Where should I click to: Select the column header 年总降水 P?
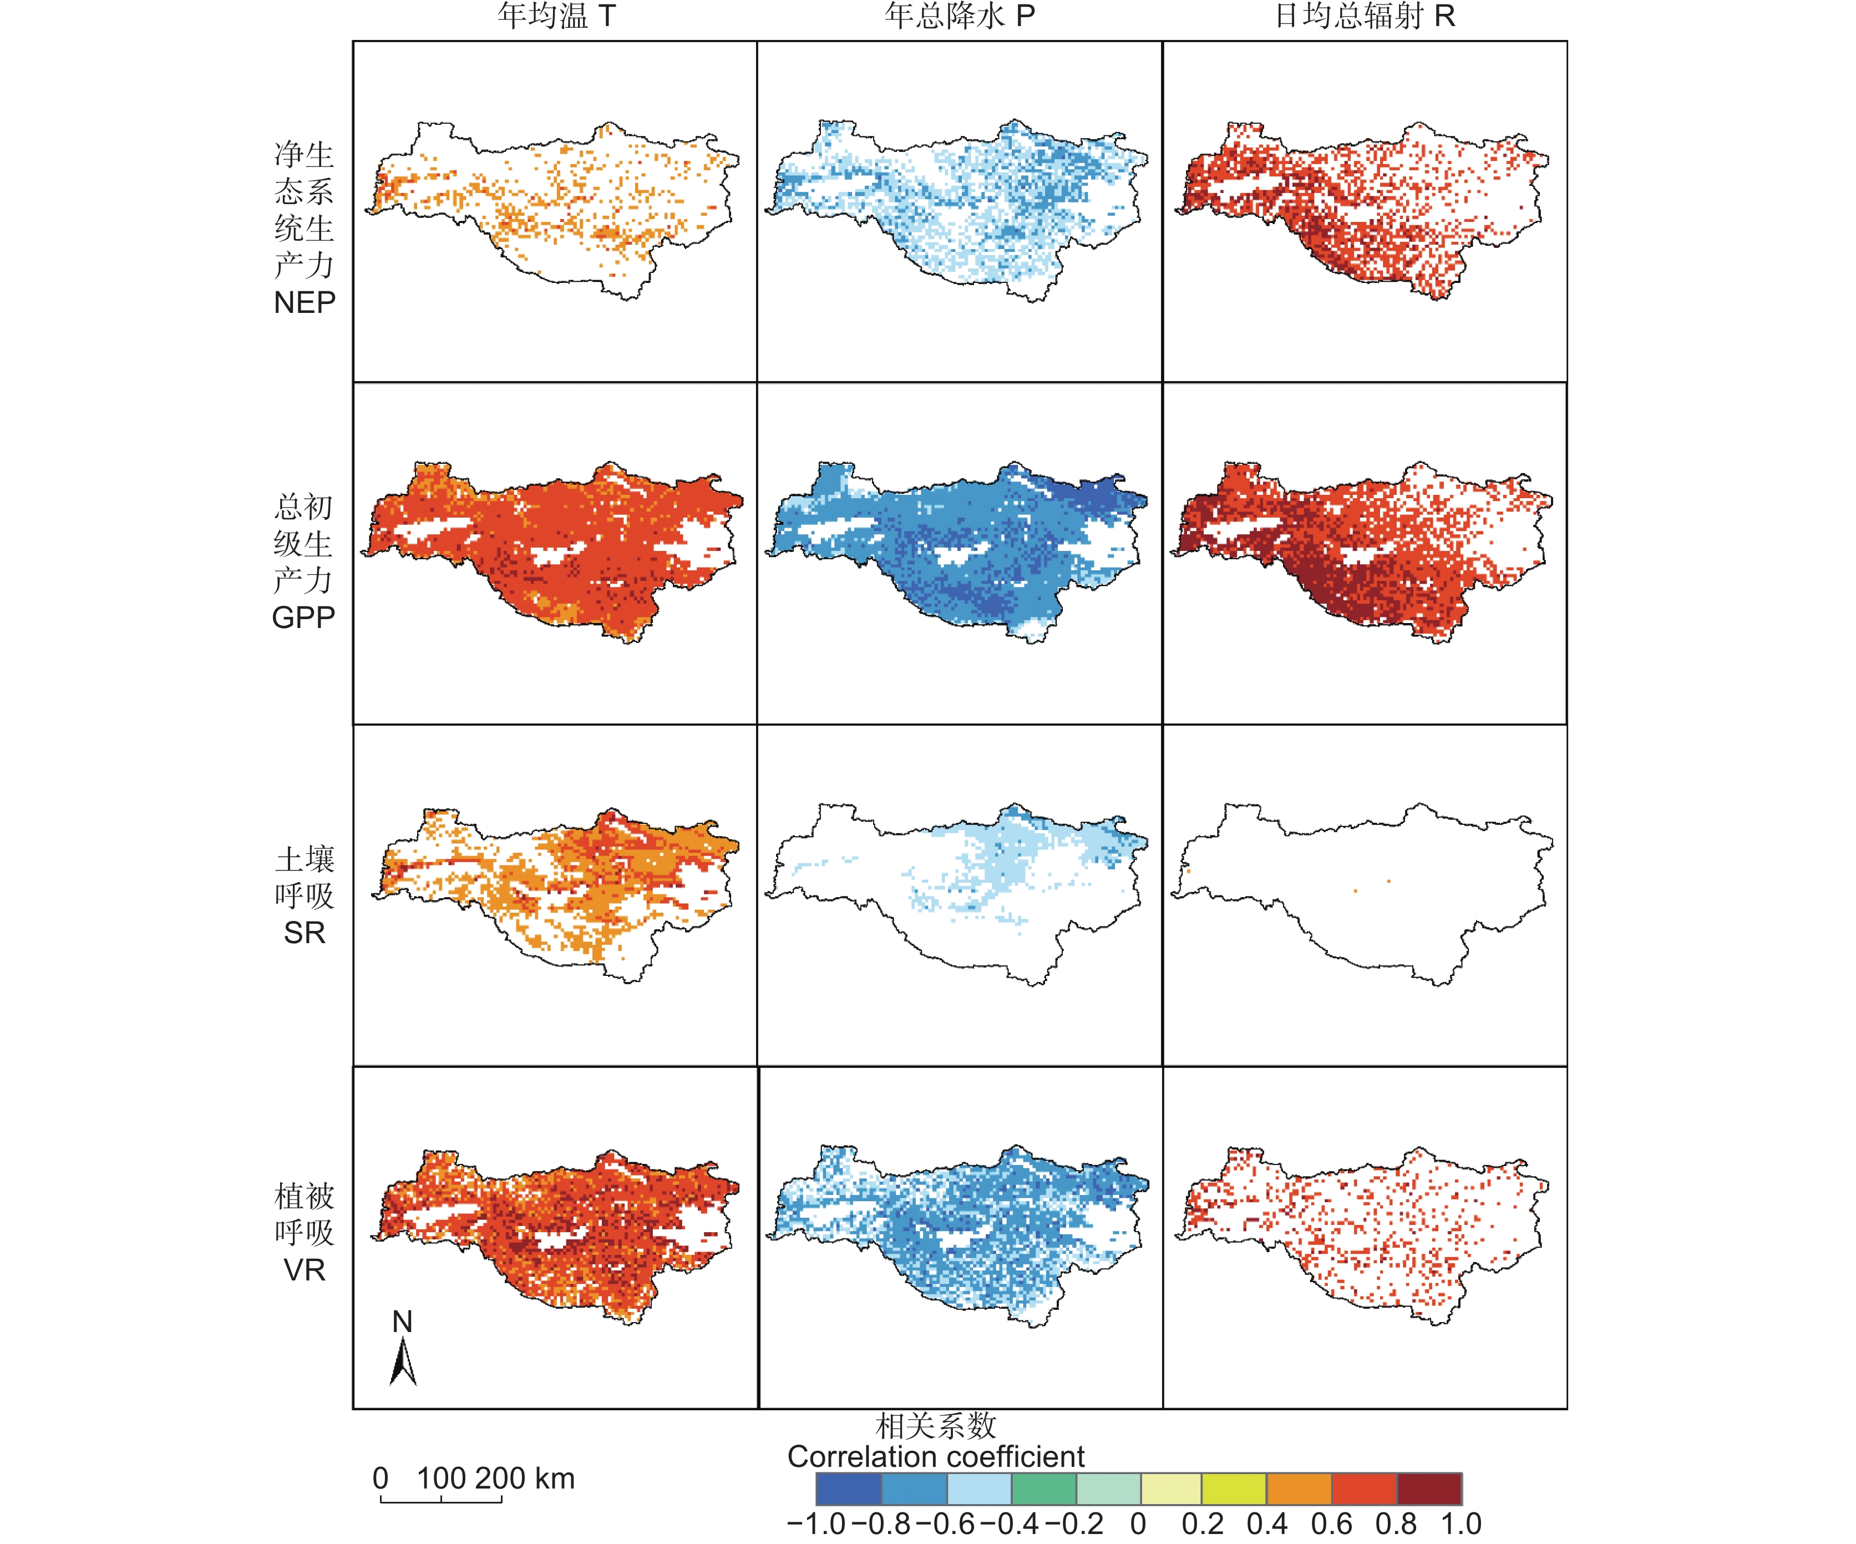coord(959,16)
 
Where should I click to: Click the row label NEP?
coord(304,303)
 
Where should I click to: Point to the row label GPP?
coord(303,617)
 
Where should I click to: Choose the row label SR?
coord(304,933)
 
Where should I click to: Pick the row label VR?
coord(304,1270)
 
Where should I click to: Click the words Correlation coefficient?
coord(935,1456)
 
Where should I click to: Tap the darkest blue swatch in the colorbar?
coord(849,1489)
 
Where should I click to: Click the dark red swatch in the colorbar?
coord(1429,1489)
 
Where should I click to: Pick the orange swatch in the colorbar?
coord(1299,1489)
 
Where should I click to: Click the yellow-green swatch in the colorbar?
coord(1234,1489)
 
